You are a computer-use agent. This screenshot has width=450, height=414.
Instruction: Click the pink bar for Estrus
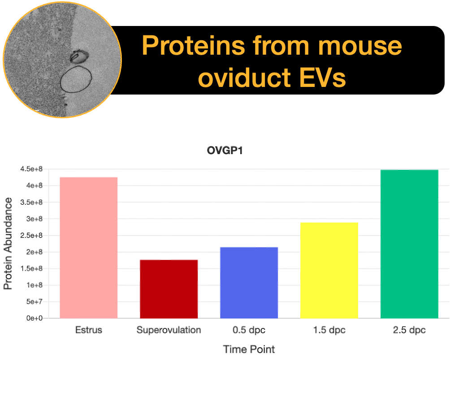coord(89,248)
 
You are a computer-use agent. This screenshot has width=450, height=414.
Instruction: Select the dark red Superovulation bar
coord(169,289)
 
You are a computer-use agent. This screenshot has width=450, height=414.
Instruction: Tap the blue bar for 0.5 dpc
coord(249,283)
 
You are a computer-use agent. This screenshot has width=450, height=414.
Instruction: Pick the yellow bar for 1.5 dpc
coord(329,270)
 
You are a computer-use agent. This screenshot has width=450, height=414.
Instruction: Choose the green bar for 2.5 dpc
coord(409,244)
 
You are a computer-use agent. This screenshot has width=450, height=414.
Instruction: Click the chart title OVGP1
coord(225,151)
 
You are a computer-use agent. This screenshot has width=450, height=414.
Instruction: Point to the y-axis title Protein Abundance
coord(8,244)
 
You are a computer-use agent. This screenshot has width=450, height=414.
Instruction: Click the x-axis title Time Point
coord(249,349)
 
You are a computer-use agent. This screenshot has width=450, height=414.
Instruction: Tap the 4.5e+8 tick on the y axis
coord(31,169)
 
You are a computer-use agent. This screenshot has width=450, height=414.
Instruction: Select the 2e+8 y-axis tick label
coord(35,252)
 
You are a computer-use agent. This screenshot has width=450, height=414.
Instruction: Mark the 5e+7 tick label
coord(35,302)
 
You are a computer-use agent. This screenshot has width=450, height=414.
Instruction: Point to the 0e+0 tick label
coord(35,318)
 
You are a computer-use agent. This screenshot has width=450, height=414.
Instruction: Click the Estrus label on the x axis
coord(89,330)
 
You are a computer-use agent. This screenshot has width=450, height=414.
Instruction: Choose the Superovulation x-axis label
coord(169,330)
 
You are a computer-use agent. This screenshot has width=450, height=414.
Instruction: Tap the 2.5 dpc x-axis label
coord(409,330)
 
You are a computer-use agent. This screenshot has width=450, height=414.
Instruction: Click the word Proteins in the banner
coord(194,45)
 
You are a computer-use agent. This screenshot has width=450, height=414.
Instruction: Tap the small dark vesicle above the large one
coord(79,56)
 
